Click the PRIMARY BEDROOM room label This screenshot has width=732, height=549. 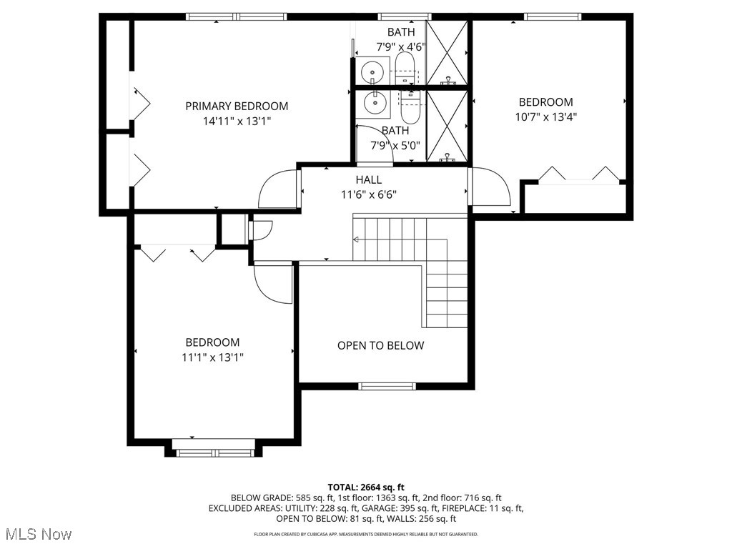coord(237,106)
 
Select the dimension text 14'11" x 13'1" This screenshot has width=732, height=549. coord(237,122)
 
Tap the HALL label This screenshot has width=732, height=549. coord(369,180)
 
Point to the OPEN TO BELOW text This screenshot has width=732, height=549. coord(380,345)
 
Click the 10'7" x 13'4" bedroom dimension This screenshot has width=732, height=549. coord(545,117)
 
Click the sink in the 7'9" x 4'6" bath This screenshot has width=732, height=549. coord(372,71)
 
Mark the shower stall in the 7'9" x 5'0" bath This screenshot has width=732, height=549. coord(447,126)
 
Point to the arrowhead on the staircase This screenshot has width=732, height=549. coord(356,240)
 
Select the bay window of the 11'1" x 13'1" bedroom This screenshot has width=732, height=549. coord(214,451)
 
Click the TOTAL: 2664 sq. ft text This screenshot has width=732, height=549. coord(365,486)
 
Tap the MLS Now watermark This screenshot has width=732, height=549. coord(38,534)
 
